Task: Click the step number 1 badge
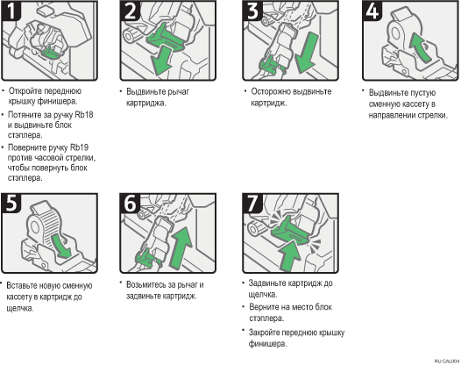11,11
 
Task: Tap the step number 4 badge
372,11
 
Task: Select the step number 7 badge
252,203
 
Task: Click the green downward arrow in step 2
161,61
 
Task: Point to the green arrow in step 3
307,53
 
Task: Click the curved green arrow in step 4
419,47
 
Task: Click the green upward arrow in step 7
289,255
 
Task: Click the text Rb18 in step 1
84,115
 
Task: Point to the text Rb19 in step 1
79,147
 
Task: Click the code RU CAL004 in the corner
447,361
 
